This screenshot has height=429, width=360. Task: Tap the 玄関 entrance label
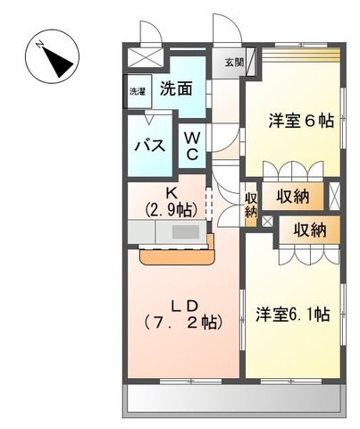click(234, 63)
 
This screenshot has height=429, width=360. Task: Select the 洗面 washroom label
click(176, 88)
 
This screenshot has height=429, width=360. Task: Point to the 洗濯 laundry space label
click(138, 92)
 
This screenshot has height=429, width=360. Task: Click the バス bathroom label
click(150, 146)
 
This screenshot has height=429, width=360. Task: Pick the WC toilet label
click(192, 146)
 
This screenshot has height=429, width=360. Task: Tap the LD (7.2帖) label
click(183, 315)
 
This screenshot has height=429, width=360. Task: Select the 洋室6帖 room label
click(301, 121)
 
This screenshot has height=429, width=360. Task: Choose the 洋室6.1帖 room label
click(293, 315)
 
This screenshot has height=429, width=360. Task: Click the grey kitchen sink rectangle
click(186, 231)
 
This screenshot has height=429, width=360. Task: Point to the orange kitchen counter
click(178, 257)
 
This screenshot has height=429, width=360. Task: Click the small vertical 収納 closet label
click(251, 205)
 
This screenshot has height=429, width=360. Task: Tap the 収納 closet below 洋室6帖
click(293, 197)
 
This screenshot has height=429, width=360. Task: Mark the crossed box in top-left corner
click(146, 57)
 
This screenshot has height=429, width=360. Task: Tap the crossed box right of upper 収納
click(334, 197)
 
